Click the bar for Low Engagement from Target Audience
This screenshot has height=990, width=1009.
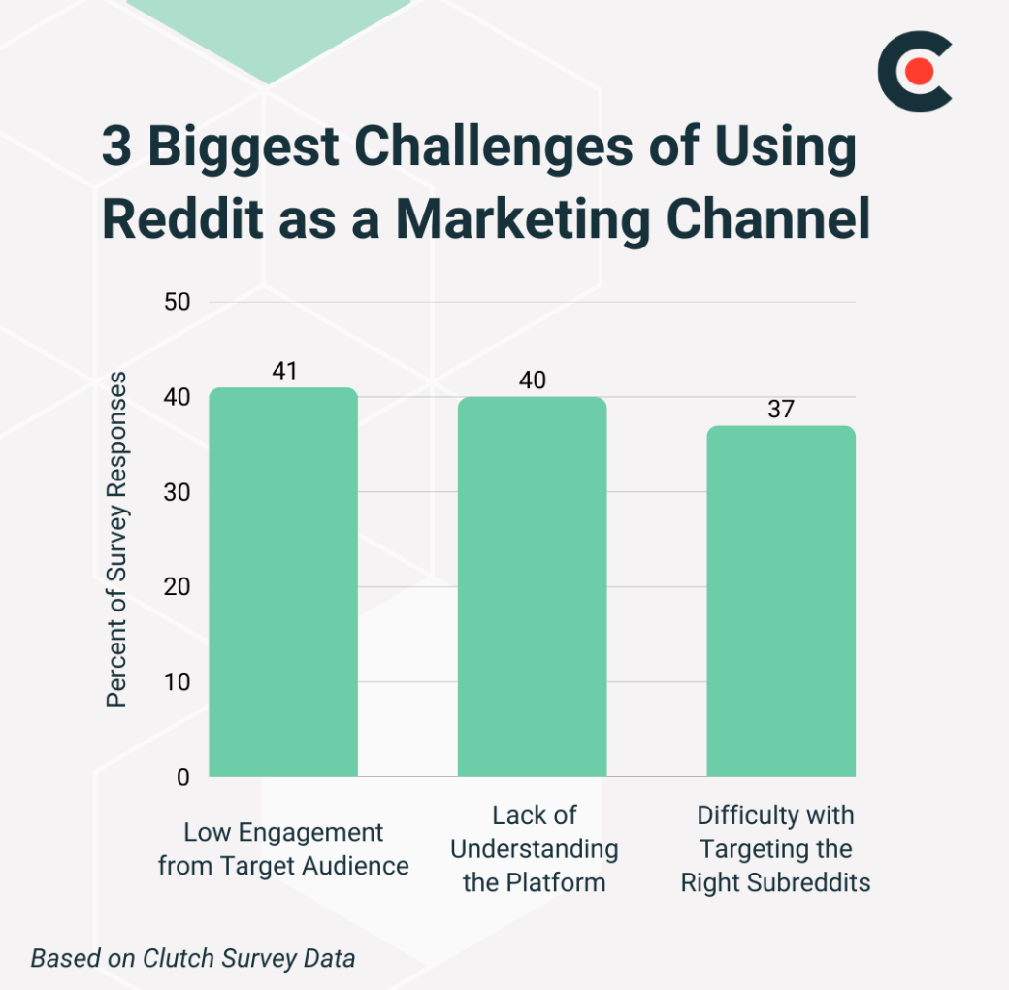[x=283, y=582]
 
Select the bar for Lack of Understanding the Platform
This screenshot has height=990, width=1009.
[x=532, y=587]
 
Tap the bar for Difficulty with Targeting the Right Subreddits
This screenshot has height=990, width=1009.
[x=780, y=602]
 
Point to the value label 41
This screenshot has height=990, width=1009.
[x=283, y=371]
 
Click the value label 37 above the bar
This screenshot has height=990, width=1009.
[x=780, y=409]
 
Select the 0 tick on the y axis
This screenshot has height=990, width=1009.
[x=182, y=777]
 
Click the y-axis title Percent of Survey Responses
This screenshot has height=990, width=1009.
[x=116, y=539]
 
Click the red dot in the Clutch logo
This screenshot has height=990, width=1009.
[x=920, y=71]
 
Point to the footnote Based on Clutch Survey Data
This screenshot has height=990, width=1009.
[x=193, y=958]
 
